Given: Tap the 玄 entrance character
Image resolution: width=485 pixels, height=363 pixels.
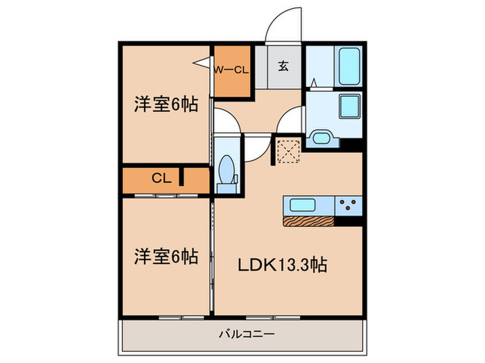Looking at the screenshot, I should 284,67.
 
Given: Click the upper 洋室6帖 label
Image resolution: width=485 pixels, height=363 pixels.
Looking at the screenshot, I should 166,104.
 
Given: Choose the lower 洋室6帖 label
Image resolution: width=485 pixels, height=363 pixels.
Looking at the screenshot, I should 166,257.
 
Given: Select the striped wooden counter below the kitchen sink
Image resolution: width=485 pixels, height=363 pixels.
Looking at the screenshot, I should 308,221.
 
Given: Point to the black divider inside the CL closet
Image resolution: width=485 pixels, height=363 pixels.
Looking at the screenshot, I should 182,178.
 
